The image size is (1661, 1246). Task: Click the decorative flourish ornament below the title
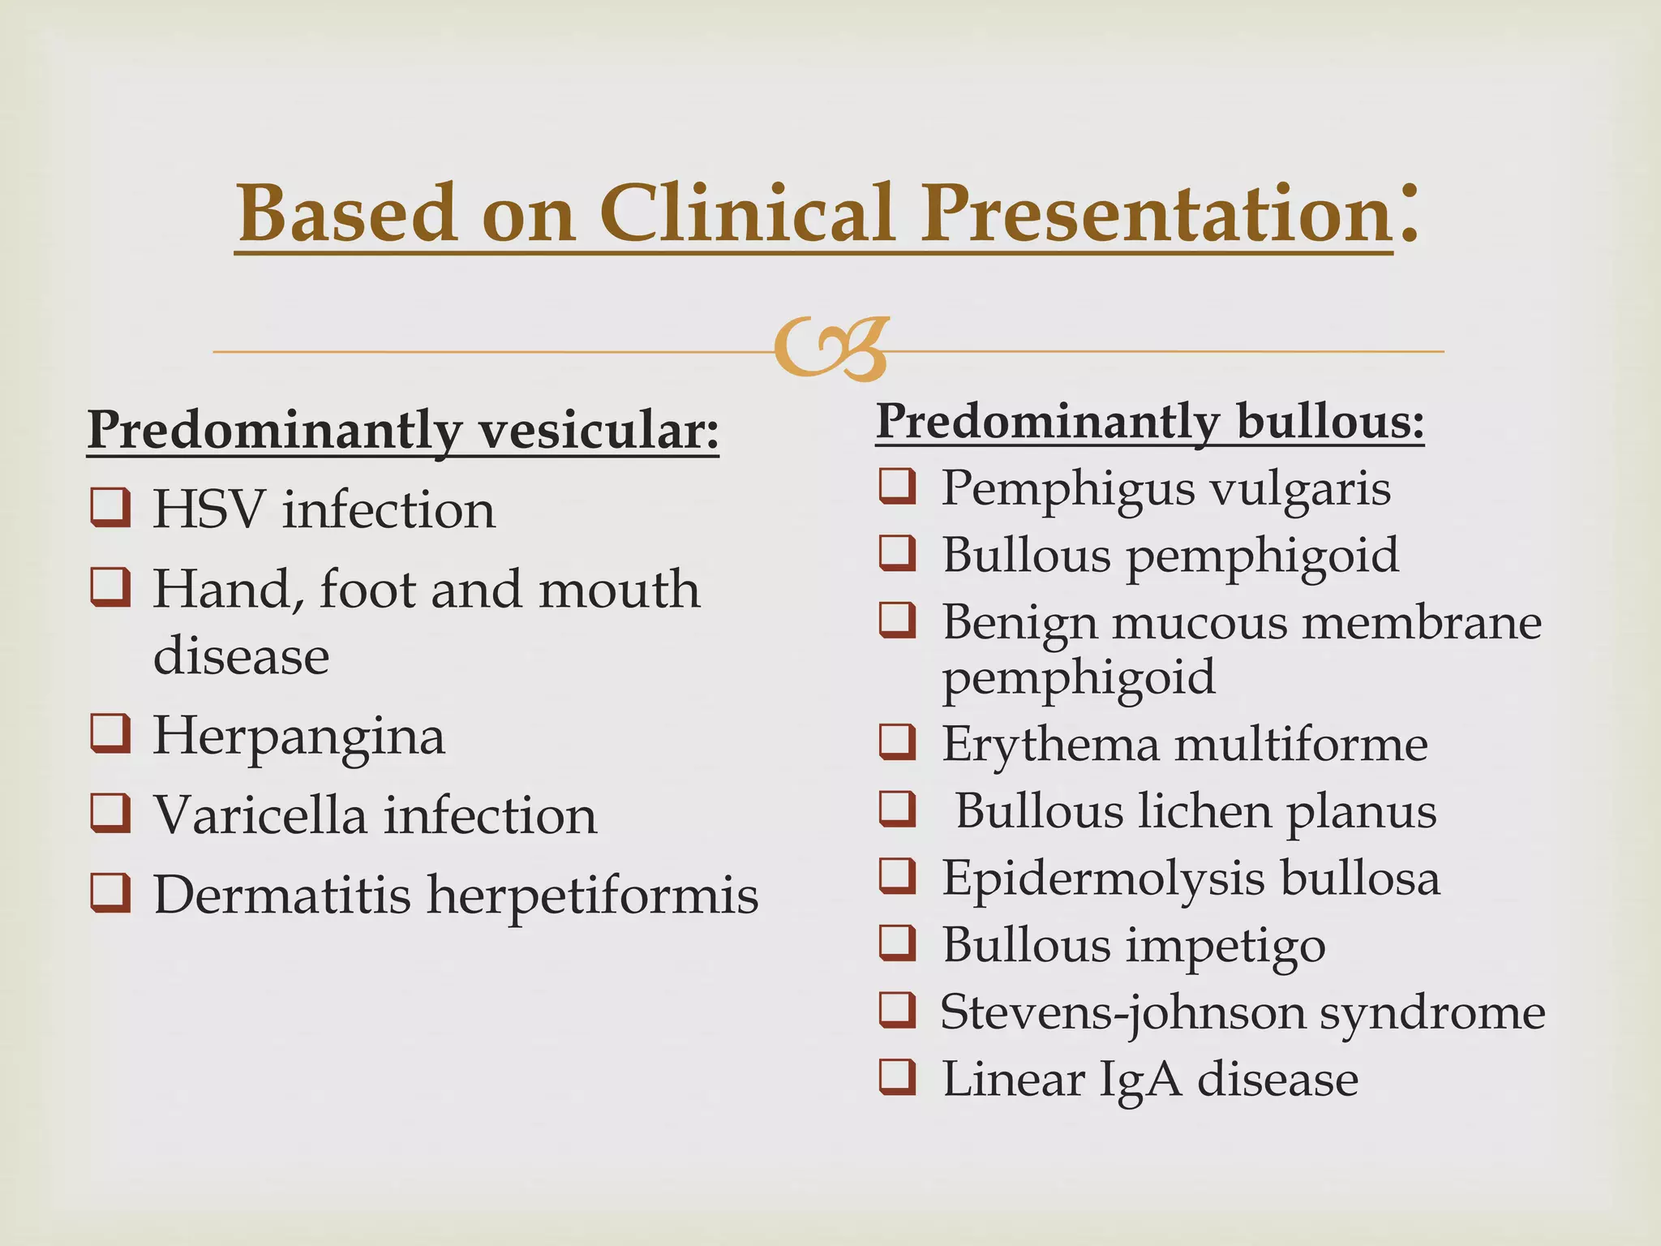[831, 350]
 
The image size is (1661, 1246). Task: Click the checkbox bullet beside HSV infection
[110, 509]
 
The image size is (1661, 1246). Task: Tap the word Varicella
[260, 814]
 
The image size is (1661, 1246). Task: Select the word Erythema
[1050, 744]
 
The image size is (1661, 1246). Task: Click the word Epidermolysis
[1102, 879]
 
